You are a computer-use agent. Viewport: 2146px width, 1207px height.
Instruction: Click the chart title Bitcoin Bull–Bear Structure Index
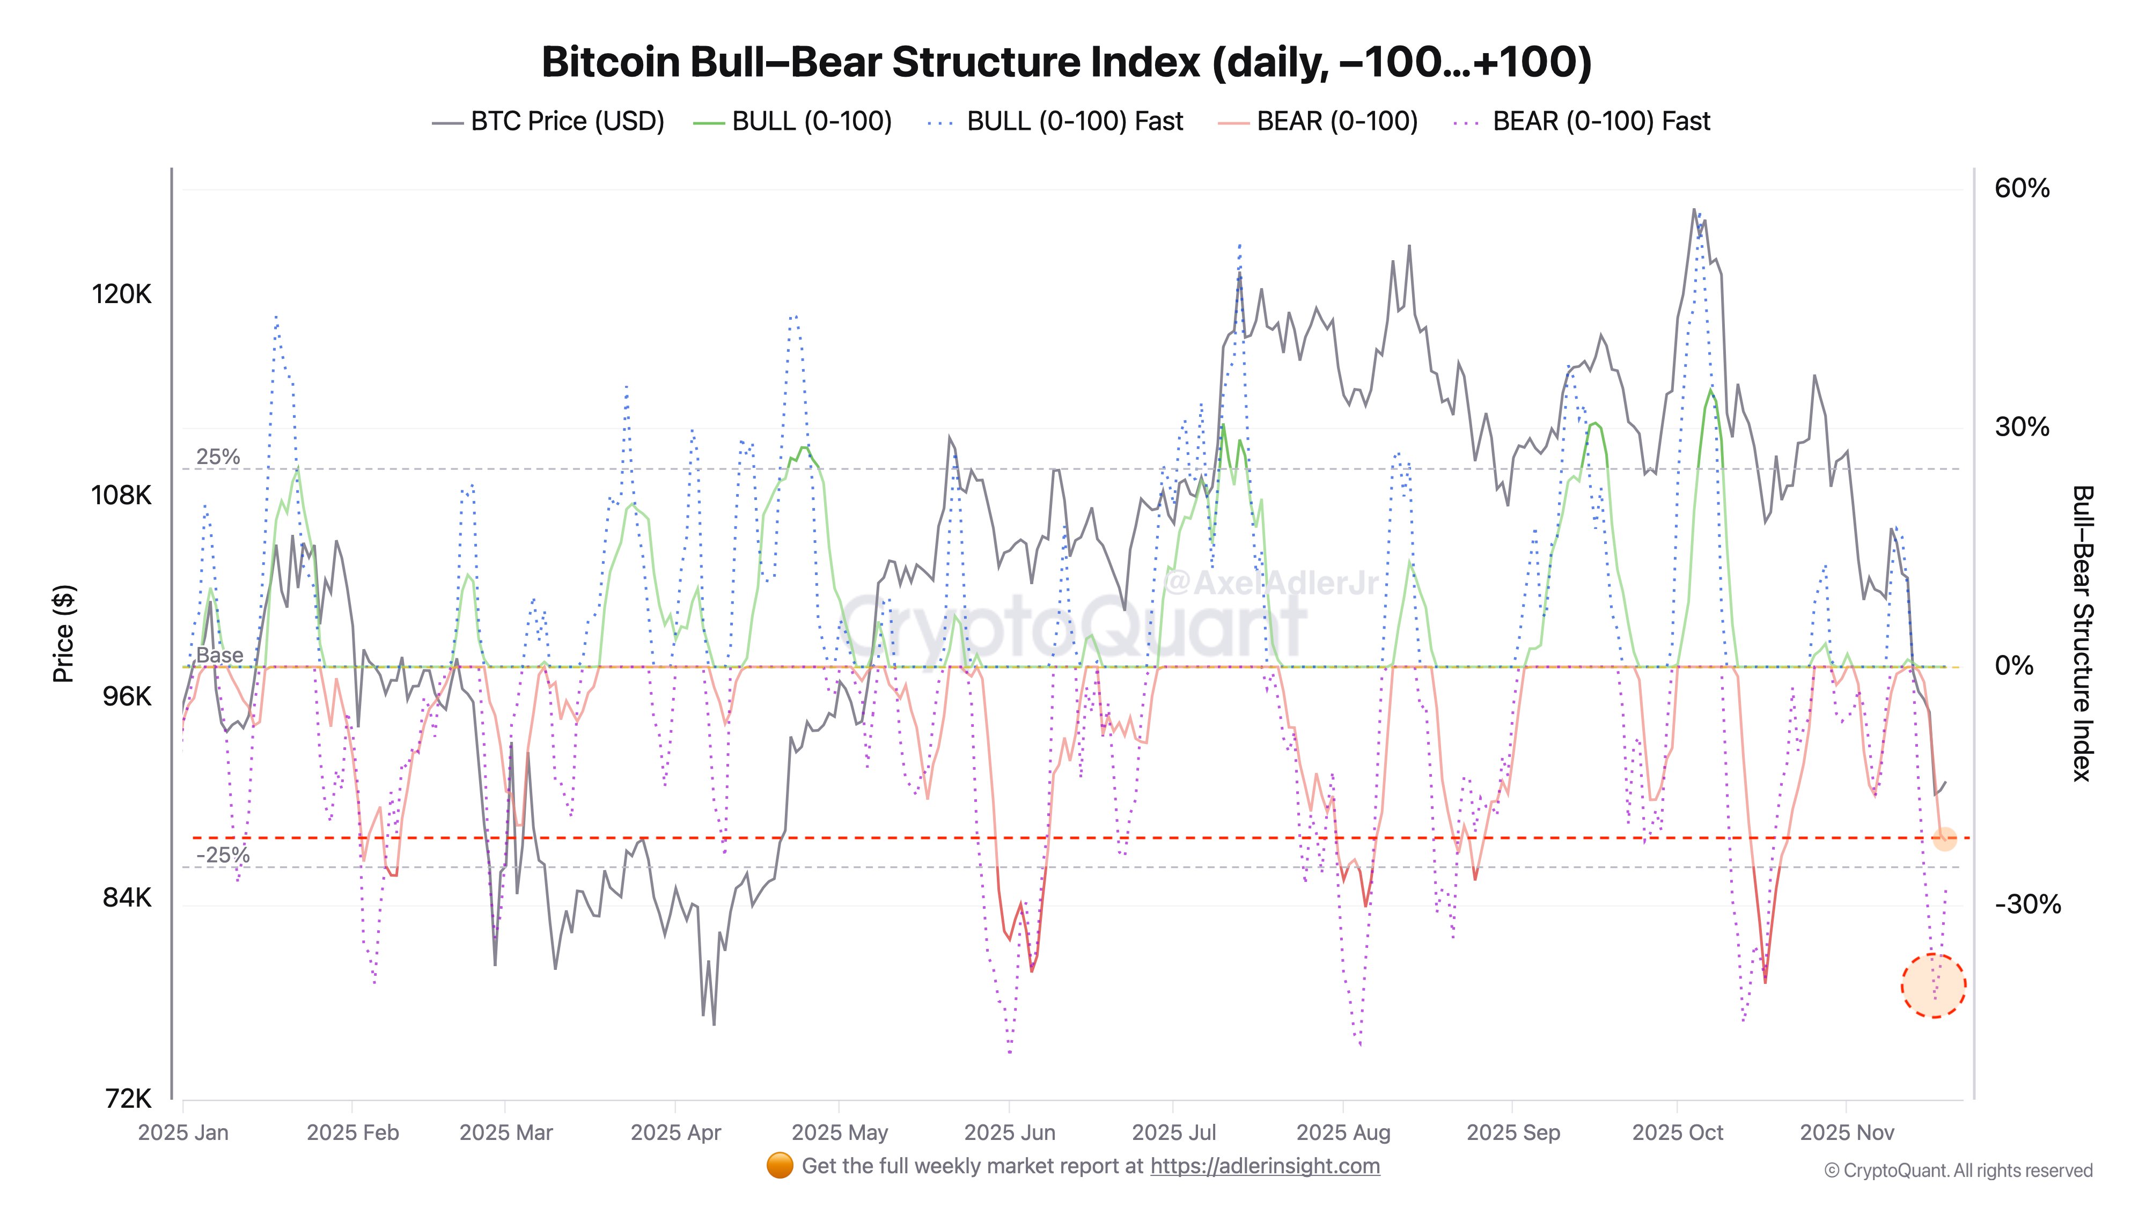click(1067, 62)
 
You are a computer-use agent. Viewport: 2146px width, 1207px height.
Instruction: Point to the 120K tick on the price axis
click(122, 294)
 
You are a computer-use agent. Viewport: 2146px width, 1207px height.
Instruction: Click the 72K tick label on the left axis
click(128, 1099)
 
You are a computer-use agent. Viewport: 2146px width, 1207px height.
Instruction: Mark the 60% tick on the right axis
click(2022, 188)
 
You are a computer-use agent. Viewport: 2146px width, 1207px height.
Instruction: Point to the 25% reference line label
click(218, 457)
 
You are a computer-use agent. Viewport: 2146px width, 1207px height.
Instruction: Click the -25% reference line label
click(223, 856)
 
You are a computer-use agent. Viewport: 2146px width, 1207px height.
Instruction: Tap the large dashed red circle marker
click(1934, 985)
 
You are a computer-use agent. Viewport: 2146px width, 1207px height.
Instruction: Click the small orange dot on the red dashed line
click(1944, 839)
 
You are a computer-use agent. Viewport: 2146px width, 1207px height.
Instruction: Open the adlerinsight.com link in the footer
click(1265, 1166)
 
